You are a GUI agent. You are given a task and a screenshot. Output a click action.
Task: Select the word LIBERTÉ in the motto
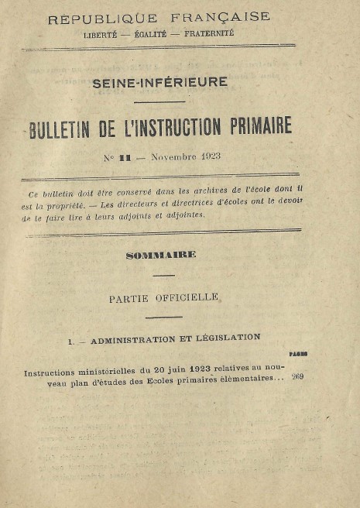point(100,34)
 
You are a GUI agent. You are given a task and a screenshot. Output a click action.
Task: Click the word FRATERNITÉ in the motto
point(207,33)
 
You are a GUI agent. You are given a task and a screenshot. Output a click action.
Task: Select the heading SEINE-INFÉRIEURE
point(160,82)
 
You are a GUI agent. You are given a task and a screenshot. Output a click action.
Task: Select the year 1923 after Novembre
point(209,156)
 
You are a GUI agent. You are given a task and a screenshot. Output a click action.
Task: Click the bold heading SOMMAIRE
point(161,255)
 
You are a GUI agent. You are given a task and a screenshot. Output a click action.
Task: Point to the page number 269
point(298,377)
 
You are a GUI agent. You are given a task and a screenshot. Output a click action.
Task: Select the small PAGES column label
point(298,354)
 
